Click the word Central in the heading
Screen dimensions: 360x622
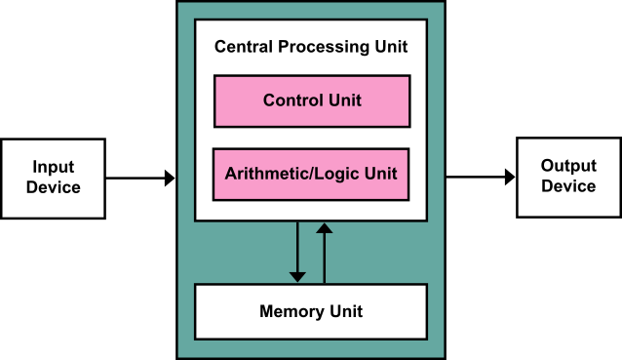click(242, 47)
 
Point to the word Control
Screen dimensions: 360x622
click(292, 100)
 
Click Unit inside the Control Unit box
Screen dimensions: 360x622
click(343, 100)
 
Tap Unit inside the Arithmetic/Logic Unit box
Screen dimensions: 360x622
click(380, 175)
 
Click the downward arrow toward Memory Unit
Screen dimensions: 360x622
click(297, 249)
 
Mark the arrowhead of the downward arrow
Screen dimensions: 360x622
click(297, 277)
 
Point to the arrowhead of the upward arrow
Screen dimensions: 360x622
click(325, 228)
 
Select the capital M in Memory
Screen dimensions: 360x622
click(266, 312)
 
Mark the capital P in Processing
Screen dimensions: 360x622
click(282, 47)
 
